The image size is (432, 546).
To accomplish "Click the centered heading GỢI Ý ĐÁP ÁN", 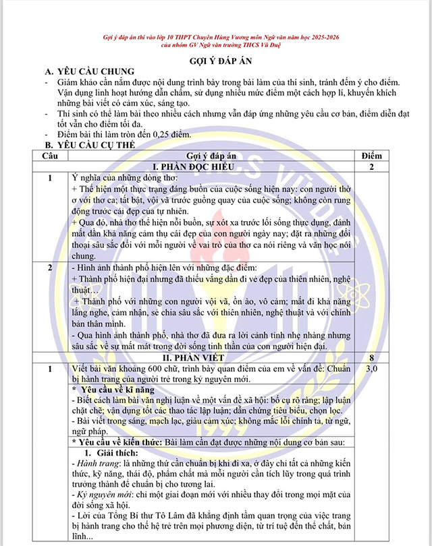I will coord(215,60).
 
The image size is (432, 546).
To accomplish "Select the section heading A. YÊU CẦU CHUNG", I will coord(89,72).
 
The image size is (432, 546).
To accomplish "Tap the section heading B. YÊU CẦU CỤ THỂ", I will coord(90,144).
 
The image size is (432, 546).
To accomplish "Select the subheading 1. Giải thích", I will coord(111,452).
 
